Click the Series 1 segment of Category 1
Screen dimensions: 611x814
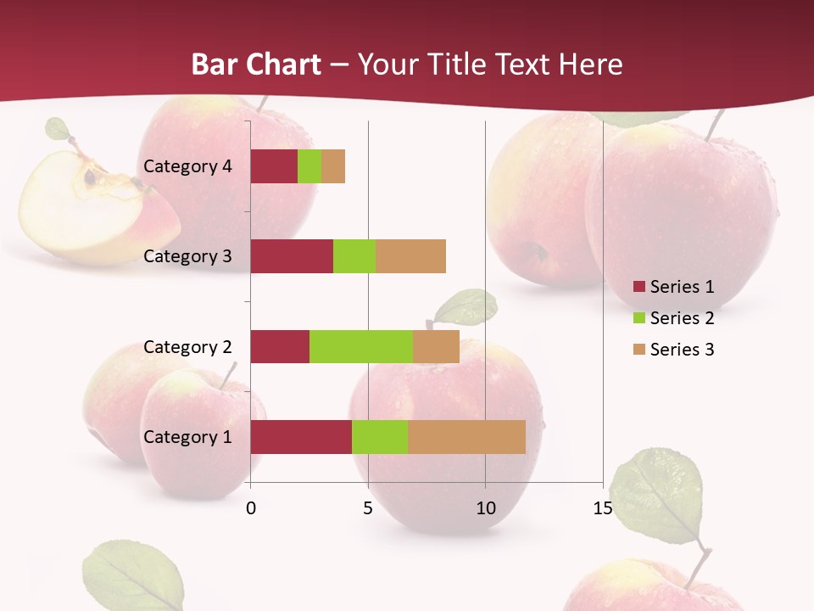[x=301, y=437]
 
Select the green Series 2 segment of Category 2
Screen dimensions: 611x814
[x=361, y=346]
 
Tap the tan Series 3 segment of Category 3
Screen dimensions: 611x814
[x=410, y=256]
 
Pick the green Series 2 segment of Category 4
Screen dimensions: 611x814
[x=309, y=166]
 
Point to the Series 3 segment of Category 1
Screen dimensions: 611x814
[x=466, y=437]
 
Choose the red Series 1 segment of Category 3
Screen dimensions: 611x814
[x=292, y=256]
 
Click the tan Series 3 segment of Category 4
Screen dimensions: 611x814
[x=333, y=166]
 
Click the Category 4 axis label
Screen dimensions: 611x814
[x=187, y=166]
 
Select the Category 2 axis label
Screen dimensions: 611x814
[x=187, y=346]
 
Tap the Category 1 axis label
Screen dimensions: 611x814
[x=187, y=437]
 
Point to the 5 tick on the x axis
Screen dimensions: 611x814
[x=368, y=508]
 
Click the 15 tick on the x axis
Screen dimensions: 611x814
[x=603, y=508]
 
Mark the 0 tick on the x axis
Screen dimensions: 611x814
[x=251, y=508]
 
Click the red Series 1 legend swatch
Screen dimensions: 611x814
[x=638, y=287]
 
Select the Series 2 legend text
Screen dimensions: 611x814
[x=682, y=318]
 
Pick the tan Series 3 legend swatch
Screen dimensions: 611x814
[x=638, y=350]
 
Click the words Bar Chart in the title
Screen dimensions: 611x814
[x=256, y=64]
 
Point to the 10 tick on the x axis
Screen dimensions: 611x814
[x=485, y=508]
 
